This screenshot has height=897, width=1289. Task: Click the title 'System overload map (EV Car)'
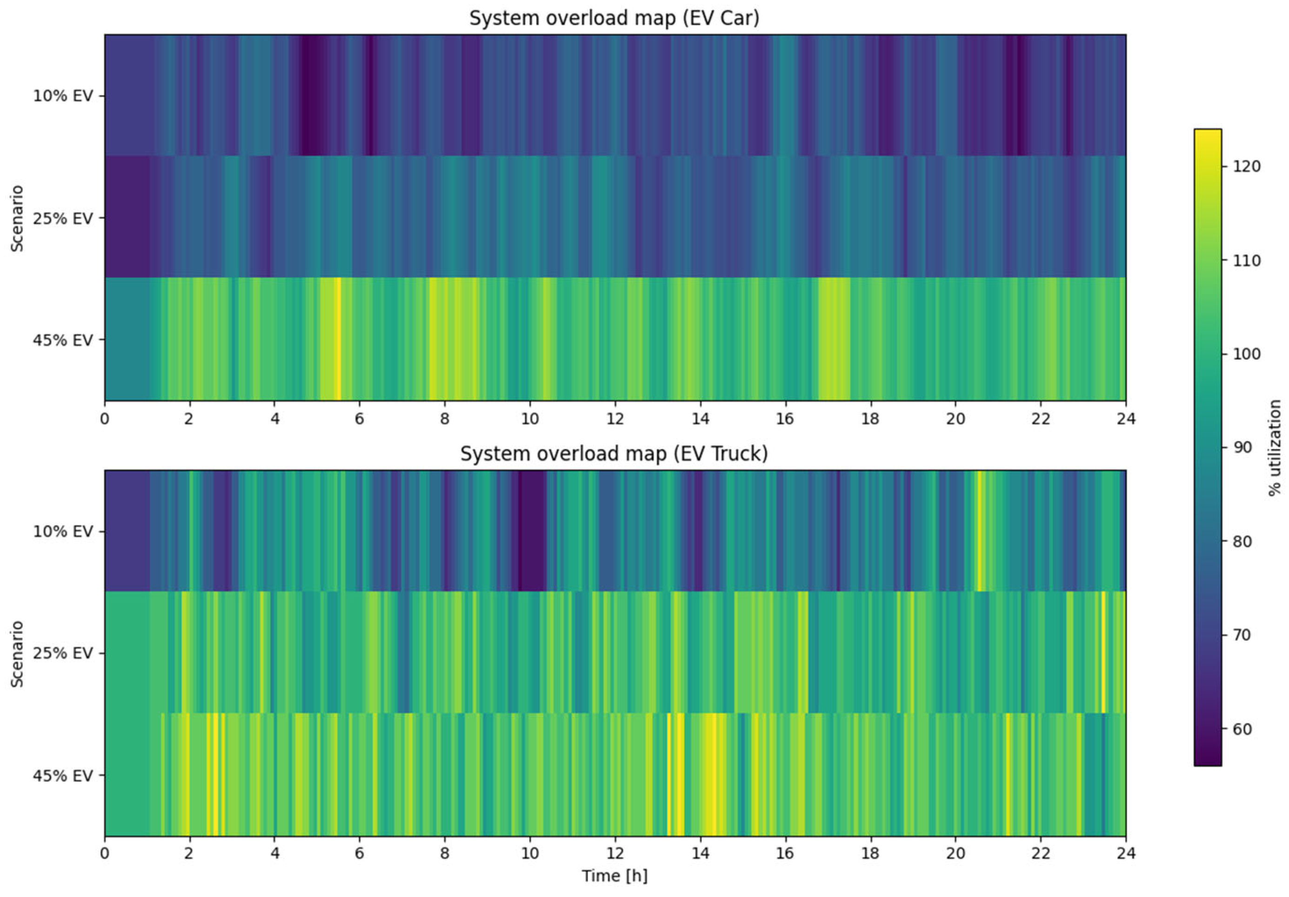coord(614,19)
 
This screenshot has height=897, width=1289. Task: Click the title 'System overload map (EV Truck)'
coord(614,454)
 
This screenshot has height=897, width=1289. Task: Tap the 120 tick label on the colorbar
coord(1246,166)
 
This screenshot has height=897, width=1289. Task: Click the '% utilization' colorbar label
coord(1275,448)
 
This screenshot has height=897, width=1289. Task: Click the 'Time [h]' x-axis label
coord(614,876)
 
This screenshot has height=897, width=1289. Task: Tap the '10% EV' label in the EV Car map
coord(62,96)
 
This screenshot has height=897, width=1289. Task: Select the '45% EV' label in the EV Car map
coord(62,341)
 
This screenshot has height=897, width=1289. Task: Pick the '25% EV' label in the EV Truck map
coord(62,653)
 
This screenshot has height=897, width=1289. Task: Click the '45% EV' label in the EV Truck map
coord(62,776)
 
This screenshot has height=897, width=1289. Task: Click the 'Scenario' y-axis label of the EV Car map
coord(17,218)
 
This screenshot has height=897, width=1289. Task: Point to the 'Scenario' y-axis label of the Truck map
coord(17,653)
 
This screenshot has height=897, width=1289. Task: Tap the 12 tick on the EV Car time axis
coord(615,419)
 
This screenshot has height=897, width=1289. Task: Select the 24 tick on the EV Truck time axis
coord(1125,854)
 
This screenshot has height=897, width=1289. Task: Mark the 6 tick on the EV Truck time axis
coord(359,854)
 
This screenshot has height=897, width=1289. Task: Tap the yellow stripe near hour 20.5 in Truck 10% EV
coord(980,530)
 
